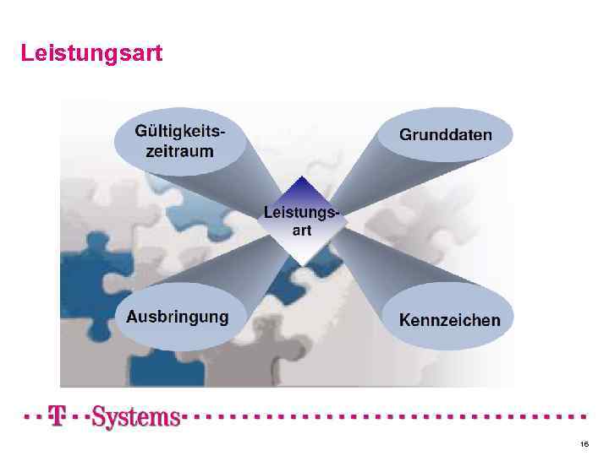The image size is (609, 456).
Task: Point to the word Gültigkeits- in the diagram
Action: (x=180, y=133)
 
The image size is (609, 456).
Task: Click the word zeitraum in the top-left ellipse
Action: (x=178, y=153)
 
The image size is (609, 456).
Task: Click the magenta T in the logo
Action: (x=58, y=415)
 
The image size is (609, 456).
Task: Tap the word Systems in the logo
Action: (x=135, y=416)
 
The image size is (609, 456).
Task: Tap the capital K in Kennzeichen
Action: (x=405, y=321)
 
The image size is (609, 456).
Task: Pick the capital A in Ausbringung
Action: (x=133, y=318)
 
